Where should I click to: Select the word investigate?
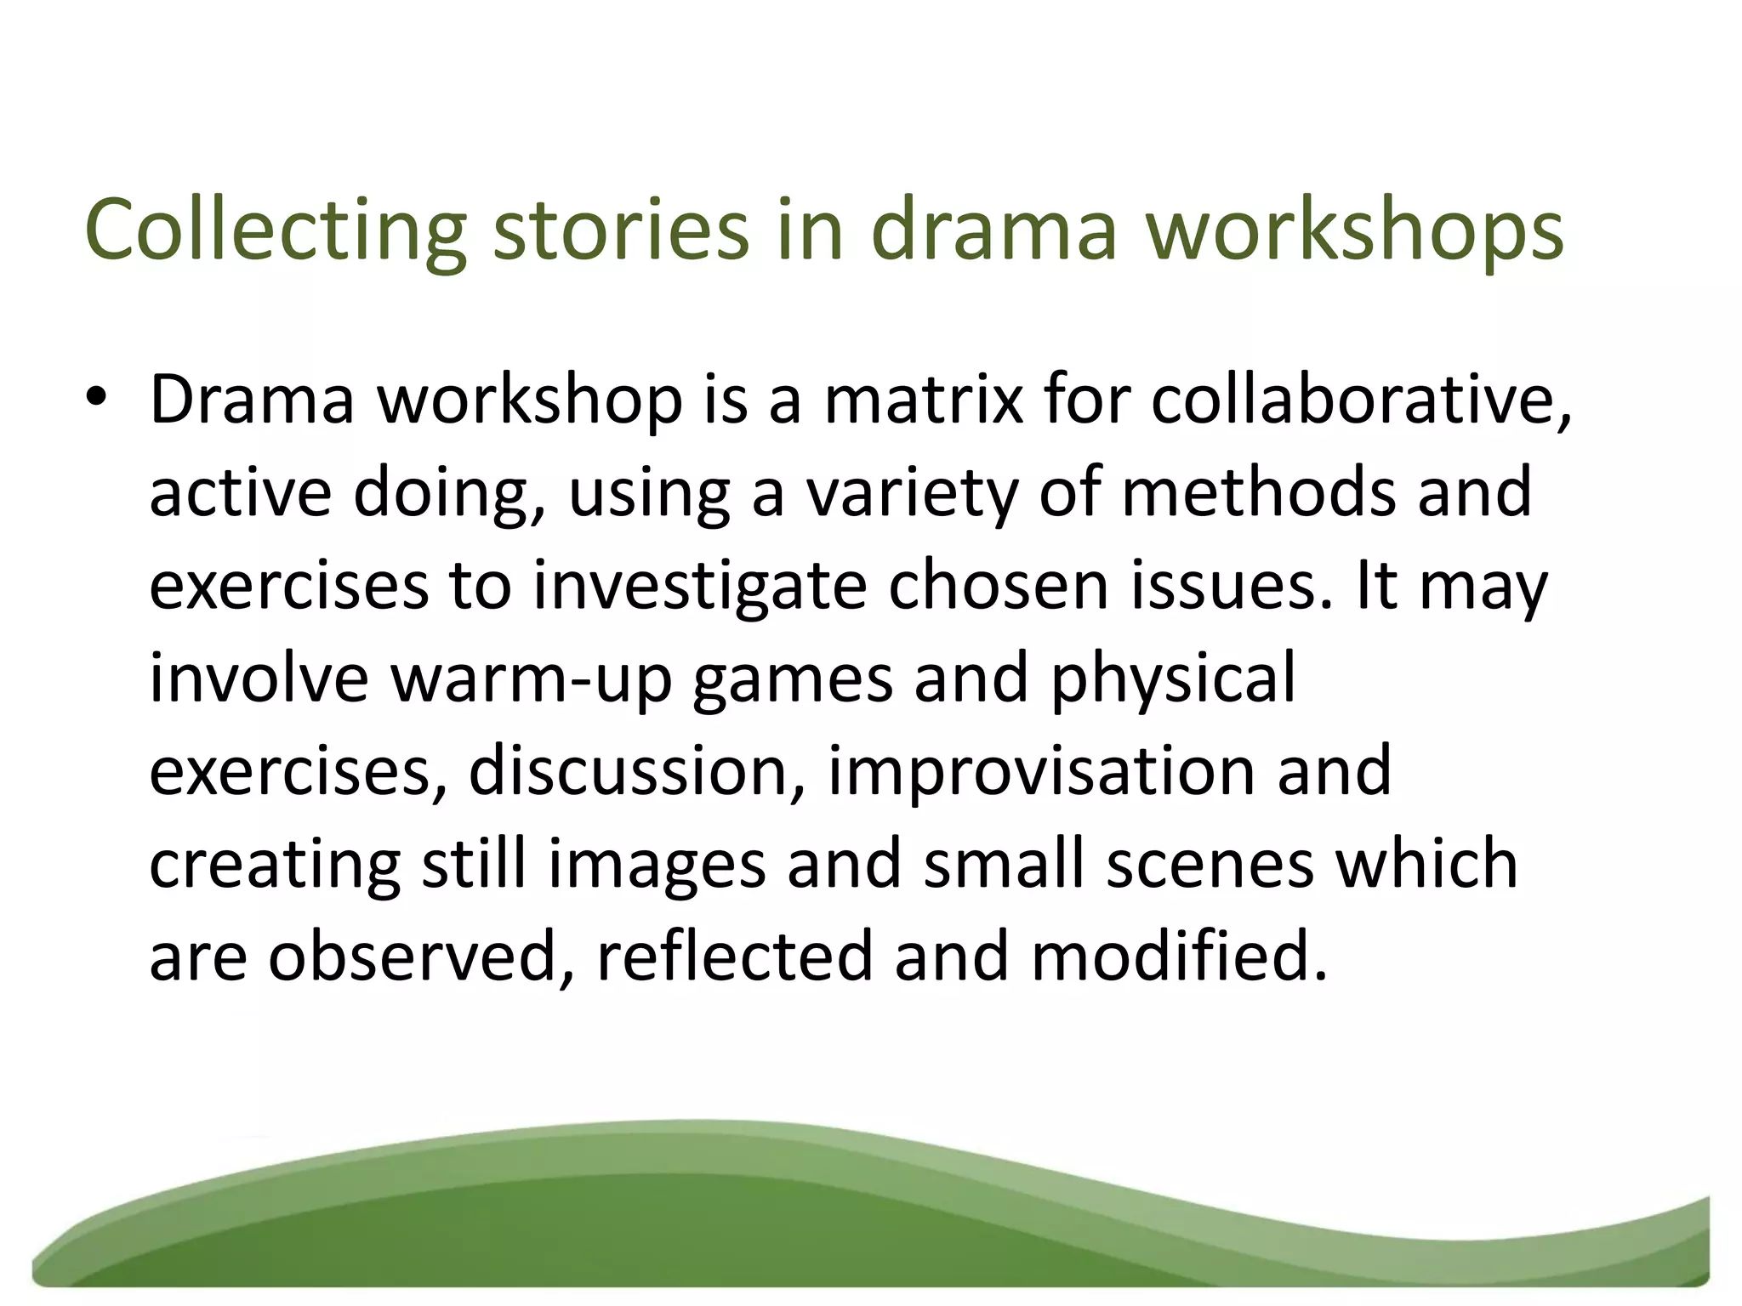699,587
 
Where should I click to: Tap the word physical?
1174,679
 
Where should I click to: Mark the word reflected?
735,956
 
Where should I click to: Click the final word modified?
1179,956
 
